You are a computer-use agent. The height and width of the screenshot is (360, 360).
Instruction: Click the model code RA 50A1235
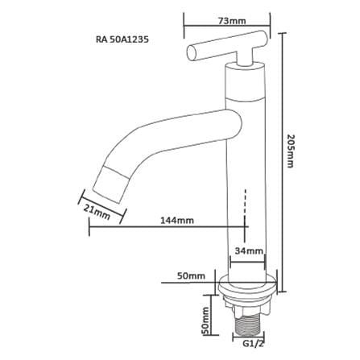122,39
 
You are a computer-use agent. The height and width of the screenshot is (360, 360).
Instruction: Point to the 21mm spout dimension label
97,211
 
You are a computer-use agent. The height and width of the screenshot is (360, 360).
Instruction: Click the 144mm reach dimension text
177,221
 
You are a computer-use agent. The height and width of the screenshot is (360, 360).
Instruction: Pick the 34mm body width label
249,251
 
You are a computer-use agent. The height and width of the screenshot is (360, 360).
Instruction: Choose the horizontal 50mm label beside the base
191,275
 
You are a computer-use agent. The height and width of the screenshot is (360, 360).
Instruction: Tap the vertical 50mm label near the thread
205,321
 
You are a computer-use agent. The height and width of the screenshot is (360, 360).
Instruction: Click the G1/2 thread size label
252,343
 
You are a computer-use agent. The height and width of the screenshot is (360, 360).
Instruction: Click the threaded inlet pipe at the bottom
248,325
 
